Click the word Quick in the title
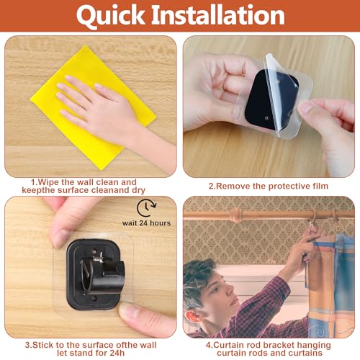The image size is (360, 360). point(111,16)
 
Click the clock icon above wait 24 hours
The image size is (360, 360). point(147,208)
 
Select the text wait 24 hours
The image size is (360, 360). point(146,223)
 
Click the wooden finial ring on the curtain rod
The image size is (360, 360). point(235,215)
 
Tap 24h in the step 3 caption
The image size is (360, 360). point(117,353)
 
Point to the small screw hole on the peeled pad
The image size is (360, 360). point(266,118)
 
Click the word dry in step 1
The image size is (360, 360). point(138,190)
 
